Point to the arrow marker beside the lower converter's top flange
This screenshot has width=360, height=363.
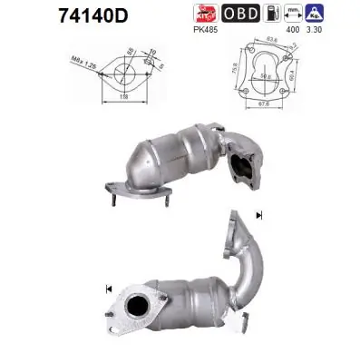click(x=259, y=215)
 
